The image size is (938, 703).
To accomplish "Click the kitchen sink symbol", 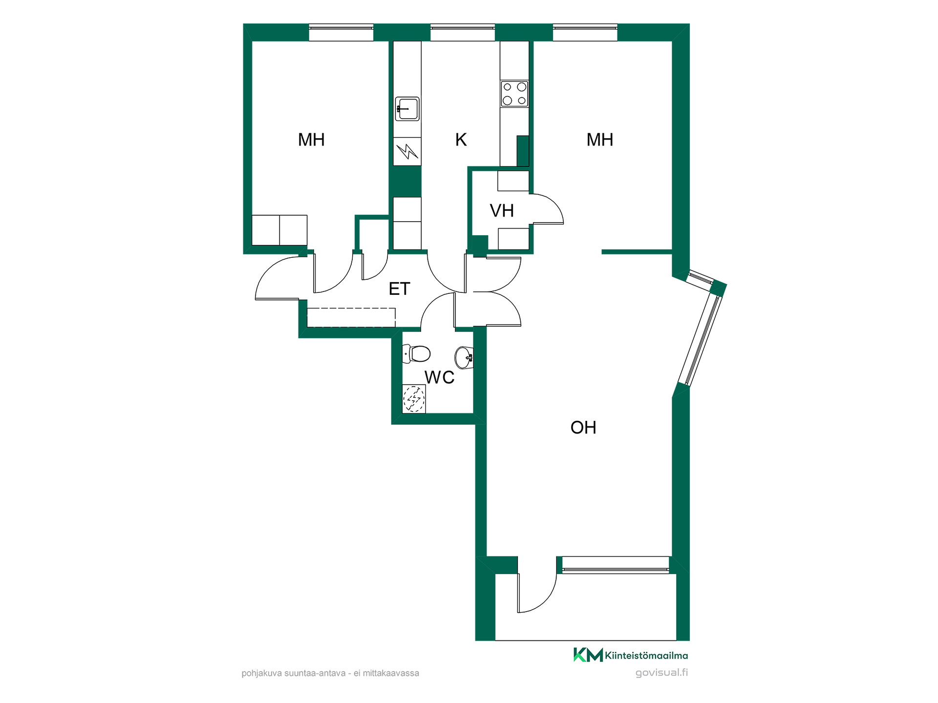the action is click(x=407, y=109).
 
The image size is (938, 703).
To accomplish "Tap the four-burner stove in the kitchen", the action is click(x=514, y=94).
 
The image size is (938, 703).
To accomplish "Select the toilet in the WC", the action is click(x=416, y=353).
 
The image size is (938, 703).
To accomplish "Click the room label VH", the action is click(x=502, y=211).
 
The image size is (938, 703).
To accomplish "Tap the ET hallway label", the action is click(x=399, y=289).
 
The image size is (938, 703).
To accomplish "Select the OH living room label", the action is click(x=583, y=428).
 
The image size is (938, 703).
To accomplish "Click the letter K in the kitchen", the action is click(x=461, y=140).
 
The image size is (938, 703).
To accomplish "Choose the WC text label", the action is click(x=439, y=377).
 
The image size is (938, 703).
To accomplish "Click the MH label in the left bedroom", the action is click(x=311, y=140).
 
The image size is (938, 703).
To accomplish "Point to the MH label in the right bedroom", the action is click(x=600, y=140).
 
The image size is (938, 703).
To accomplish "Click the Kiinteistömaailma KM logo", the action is click(x=631, y=655).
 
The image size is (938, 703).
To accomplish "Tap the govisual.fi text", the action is click(x=661, y=673).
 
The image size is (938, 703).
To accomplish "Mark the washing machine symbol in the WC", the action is click(x=414, y=399).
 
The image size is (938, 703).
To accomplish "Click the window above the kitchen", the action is click(x=463, y=33).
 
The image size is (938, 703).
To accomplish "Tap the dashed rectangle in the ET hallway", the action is click(x=351, y=317).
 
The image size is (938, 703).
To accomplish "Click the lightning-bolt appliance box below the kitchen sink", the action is click(x=407, y=151).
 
